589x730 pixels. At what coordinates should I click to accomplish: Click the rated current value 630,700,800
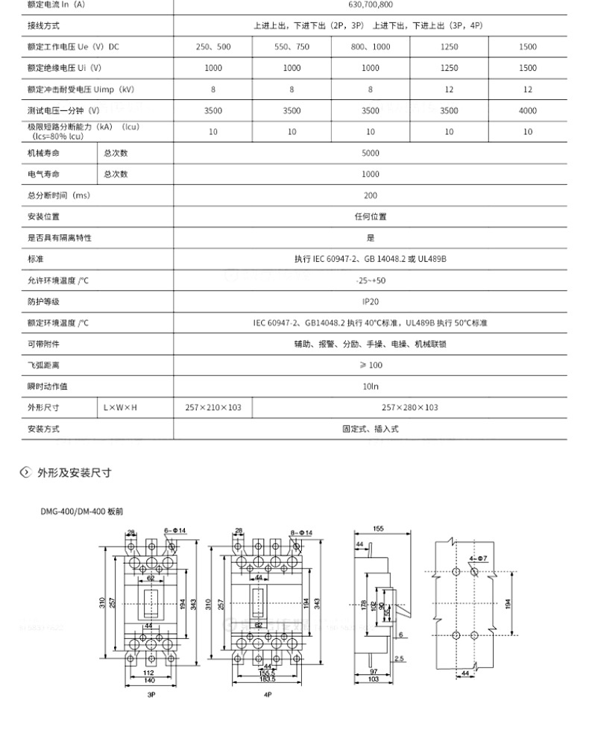point(371,4)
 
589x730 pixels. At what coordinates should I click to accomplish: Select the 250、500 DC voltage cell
point(213,46)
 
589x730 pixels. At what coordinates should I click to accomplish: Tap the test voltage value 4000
point(527,110)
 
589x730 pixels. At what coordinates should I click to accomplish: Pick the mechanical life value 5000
point(371,153)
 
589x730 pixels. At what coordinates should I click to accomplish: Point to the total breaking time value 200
point(371,195)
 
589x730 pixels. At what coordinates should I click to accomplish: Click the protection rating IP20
point(371,302)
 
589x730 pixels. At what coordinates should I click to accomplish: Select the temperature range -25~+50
point(371,280)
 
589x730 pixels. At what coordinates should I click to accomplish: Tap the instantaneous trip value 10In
point(371,386)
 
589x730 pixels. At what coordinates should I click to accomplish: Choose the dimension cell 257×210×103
point(213,408)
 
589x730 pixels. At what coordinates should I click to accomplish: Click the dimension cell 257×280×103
point(409,408)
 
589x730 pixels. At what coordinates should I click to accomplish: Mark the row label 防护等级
point(43,302)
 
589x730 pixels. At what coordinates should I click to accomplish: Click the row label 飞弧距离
point(43,365)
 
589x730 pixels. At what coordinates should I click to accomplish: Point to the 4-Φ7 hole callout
point(479,557)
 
